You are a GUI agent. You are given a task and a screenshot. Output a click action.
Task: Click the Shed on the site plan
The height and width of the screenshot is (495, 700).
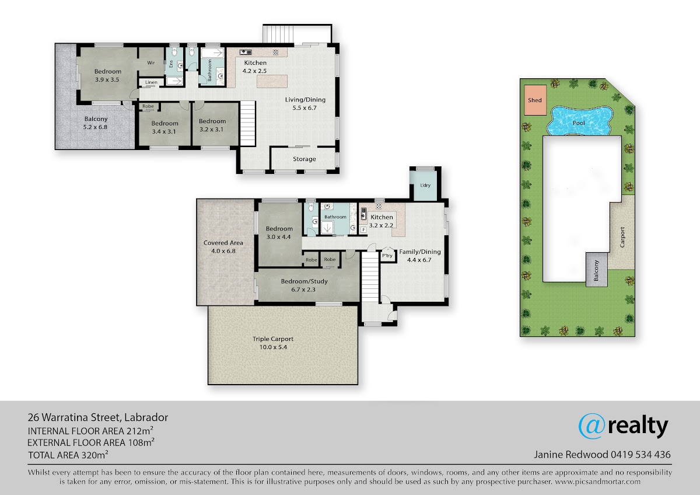(535, 100)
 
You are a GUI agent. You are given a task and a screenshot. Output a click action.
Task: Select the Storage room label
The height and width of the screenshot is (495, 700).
(304, 159)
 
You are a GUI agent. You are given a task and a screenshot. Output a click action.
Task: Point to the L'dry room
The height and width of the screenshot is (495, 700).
(425, 186)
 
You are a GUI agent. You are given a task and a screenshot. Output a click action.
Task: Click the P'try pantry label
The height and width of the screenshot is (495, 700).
(387, 256)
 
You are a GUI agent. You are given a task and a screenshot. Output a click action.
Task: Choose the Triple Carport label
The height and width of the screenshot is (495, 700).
(273, 339)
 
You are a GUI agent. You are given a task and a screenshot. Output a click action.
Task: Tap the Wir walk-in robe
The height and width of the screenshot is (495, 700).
(151, 62)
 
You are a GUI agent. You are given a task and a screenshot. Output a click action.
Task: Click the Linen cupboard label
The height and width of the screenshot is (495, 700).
(151, 82)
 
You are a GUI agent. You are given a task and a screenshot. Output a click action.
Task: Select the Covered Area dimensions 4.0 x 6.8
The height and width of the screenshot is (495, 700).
(223, 251)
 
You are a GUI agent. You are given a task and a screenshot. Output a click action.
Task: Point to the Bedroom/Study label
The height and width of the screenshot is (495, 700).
(304, 281)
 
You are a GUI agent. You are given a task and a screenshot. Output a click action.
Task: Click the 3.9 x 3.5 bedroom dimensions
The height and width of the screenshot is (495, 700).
(107, 79)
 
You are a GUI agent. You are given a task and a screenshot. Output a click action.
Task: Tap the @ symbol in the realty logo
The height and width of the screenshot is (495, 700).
(591, 426)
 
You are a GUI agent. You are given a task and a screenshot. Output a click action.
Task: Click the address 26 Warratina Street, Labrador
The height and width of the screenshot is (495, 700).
(98, 417)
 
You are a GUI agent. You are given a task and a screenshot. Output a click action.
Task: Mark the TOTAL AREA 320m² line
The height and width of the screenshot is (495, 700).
(68, 455)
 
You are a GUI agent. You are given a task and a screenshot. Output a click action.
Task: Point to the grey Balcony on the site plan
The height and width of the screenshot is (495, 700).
(596, 270)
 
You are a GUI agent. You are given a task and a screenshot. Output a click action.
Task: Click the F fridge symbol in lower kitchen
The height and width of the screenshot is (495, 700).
(363, 230)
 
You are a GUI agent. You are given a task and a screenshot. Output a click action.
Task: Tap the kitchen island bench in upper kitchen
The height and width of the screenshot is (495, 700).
(272, 81)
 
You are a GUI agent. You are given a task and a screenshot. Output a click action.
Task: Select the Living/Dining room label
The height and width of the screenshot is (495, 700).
(305, 100)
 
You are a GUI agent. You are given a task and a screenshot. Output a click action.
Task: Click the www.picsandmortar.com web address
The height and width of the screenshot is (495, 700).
(598, 482)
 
